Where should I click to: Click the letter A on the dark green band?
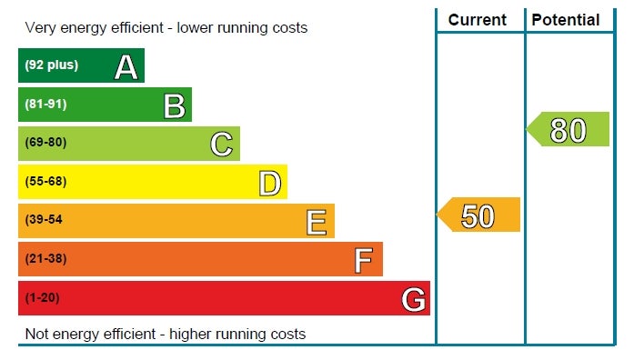[x=126, y=67]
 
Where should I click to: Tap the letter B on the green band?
[x=175, y=106]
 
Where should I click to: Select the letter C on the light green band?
[x=222, y=145]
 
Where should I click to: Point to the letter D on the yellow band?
[x=269, y=184]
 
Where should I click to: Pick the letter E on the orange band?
[x=317, y=222]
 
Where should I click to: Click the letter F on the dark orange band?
[x=363, y=261]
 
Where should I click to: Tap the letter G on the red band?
[x=413, y=299]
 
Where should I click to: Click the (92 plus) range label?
[x=51, y=65]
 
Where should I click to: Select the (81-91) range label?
[x=45, y=105]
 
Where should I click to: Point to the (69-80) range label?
[x=45, y=143]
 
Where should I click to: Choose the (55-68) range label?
[x=45, y=182]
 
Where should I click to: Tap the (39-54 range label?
[x=44, y=220]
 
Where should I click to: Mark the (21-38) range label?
[x=45, y=258]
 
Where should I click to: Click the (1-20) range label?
[x=42, y=298]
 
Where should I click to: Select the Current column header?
[x=478, y=20]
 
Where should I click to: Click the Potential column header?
[x=565, y=20]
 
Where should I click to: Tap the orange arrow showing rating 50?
[x=478, y=215]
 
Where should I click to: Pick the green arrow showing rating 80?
[x=568, y=129]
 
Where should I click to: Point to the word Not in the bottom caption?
[x=36, y=335]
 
